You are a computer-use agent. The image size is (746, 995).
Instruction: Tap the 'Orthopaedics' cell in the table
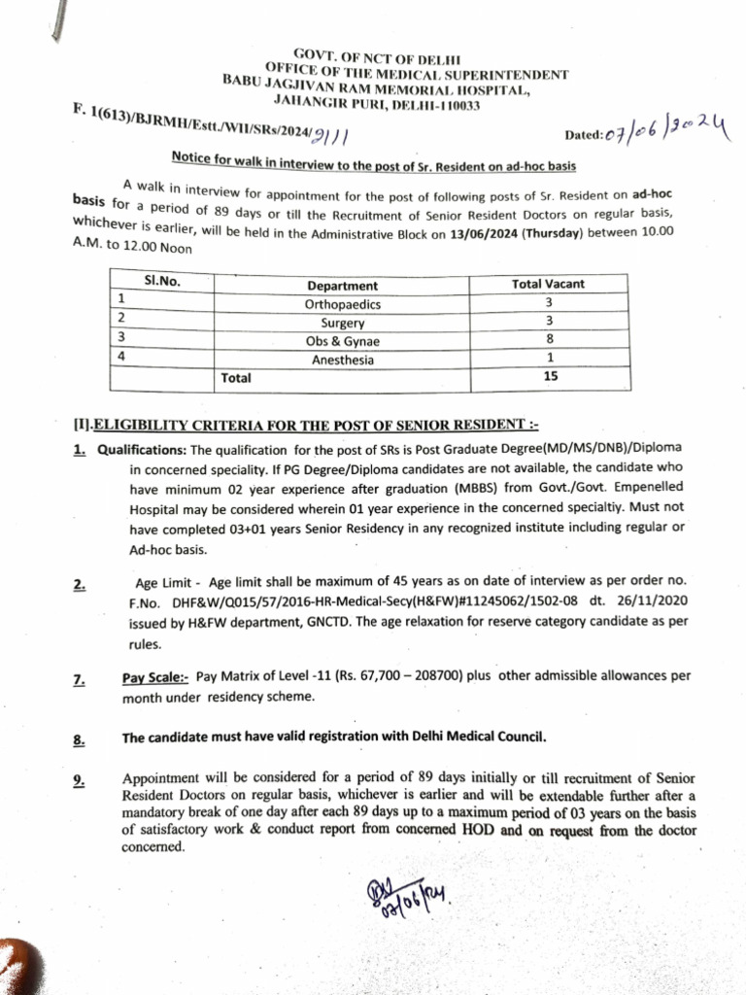tap(343, 304)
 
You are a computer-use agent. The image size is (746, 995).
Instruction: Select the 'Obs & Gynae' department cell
tap(343, 341)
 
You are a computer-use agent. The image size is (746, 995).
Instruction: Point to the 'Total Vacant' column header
tap(549, 285)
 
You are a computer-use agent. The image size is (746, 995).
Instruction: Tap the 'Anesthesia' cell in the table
tap(343, 360)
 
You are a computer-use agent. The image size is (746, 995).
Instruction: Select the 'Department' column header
tap(343, 286)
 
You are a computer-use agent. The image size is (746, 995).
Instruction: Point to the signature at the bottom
tap(402, 905)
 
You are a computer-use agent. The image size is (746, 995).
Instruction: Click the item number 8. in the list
tap(79, 739)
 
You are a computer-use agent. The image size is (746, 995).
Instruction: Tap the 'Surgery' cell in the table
tap(343, 323)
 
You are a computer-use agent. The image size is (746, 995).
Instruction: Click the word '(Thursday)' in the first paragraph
tap(555, 232)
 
